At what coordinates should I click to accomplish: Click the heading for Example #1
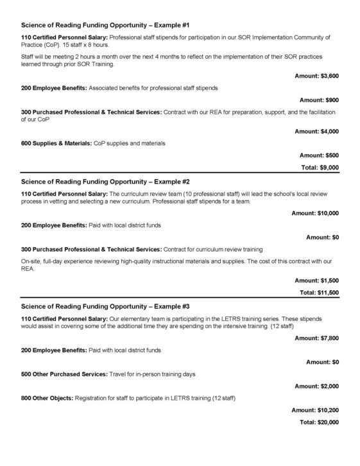[105, 25]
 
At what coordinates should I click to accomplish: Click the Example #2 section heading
[105, 182]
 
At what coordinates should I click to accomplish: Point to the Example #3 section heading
[105, 307]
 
